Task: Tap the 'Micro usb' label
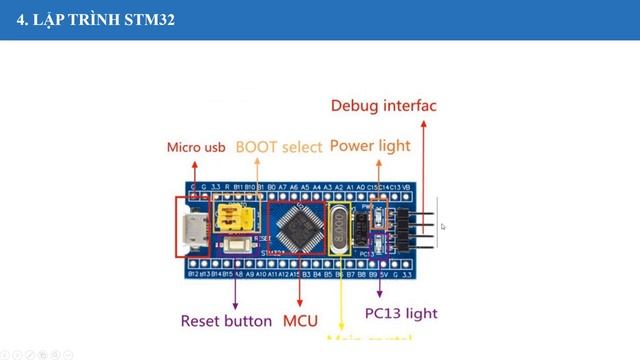click(196, 148)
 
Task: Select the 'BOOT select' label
click(279, 147)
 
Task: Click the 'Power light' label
click(369, 146)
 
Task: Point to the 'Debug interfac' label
click(383, 105)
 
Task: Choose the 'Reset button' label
click(225, 321)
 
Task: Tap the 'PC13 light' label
click(400, 313)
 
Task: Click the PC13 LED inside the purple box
click(378, 245)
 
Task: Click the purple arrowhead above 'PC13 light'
click(379, 297)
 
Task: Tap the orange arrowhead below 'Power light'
click(378, 163)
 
